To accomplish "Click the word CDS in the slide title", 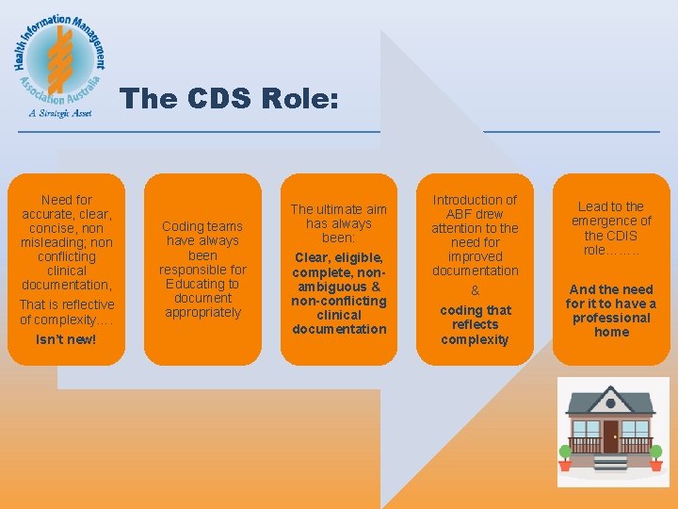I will coord(214,99).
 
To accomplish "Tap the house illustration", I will coord(612,429).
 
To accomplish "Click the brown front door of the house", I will coord(611,436).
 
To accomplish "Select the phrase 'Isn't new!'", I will coord(66,339).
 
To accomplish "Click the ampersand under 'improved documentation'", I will coord(475,291).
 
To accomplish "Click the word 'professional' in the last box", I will coord(611,318).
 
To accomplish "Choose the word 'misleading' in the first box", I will coord(53,242).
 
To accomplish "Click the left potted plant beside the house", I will coord(565,456).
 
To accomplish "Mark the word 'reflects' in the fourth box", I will coord(475,324).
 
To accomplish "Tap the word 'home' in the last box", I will coord(611,332).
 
